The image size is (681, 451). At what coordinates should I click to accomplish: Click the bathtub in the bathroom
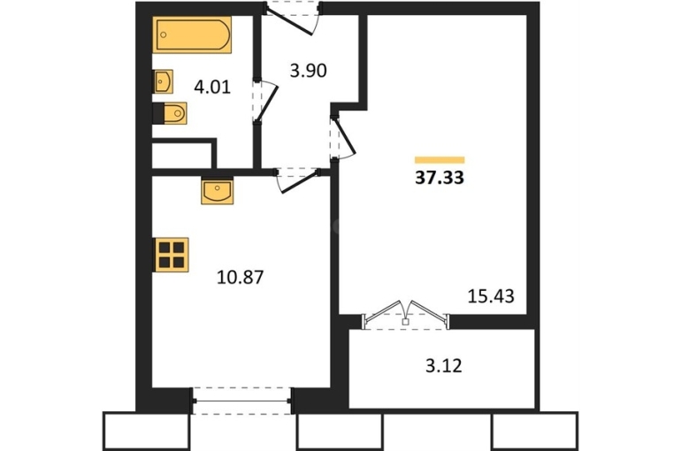192,34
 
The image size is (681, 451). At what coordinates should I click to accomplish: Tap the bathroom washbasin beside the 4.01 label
163,81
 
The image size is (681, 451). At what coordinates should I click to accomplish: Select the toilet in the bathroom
170,113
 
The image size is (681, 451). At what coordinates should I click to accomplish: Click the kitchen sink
218,190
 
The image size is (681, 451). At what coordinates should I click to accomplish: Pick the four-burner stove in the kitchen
171,255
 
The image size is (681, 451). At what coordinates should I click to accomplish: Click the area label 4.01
212,88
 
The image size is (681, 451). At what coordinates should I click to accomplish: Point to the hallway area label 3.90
308,71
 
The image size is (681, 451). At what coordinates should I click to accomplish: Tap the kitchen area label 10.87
240,277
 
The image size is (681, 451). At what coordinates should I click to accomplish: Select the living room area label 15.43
491,296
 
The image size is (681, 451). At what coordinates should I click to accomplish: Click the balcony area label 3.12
443,366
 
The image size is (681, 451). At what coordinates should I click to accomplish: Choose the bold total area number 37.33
440,178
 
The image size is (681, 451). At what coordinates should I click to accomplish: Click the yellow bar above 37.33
440,160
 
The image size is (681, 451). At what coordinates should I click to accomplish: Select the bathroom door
265,101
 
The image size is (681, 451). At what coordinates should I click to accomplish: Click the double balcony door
405,315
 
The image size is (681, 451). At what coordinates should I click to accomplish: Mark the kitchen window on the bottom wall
242,401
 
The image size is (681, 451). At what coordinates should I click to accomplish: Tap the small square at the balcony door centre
406,322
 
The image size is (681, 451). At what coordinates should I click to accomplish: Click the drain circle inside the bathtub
164,34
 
